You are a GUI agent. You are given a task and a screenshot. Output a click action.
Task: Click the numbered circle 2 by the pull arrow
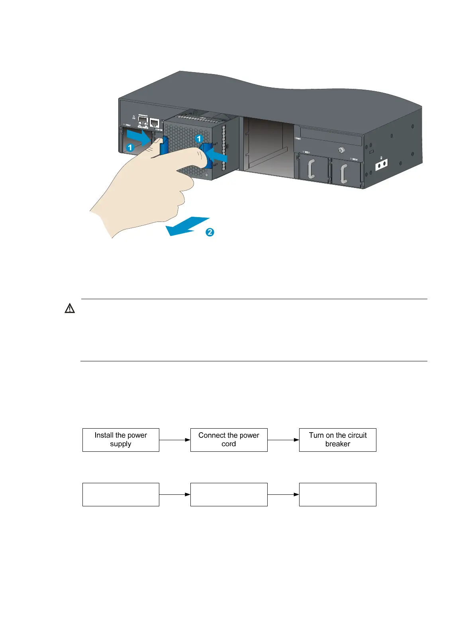click(210, 232)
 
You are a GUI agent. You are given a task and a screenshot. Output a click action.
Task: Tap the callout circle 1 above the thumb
click(199, 139)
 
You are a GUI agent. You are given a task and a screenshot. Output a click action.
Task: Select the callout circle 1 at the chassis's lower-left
click(130, 148)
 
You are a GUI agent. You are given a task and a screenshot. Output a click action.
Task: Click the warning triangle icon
click(70, 308)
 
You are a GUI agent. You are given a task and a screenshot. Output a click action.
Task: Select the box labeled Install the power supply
click(121, 440)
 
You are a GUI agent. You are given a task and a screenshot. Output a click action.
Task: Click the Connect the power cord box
click(229, 440)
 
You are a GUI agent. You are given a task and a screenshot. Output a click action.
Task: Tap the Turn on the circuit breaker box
click(337, 440)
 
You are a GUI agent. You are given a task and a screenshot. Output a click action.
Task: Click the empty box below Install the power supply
click(121, 494)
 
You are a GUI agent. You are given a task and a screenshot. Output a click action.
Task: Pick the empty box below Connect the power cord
click(229, 494)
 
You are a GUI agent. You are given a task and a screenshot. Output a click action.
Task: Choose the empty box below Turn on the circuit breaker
click(337, 494)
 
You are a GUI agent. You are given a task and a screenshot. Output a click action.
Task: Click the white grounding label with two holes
click(382, 164)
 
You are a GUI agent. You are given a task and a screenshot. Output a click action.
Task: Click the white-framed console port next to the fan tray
click(155, 123)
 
